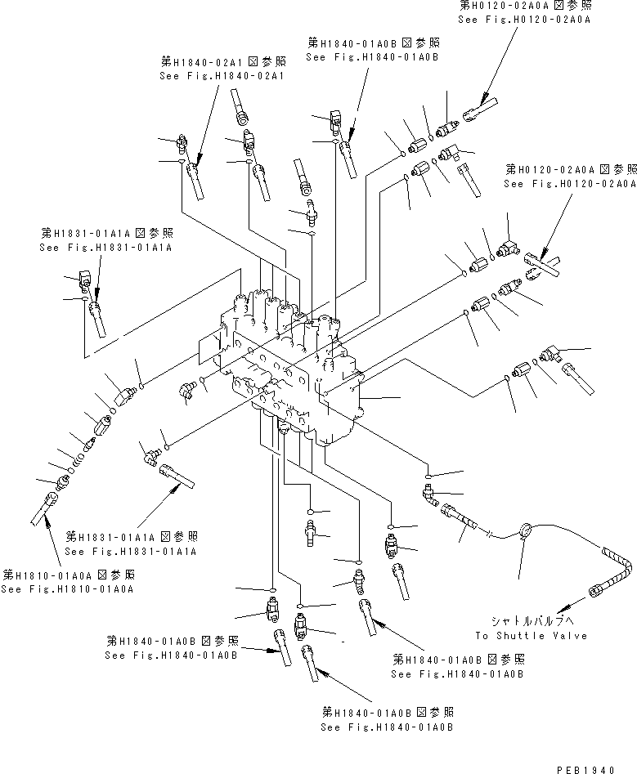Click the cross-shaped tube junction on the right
tap(539, 266)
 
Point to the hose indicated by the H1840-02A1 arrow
tap(197, 181)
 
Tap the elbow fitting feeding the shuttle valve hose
tap(428, 492)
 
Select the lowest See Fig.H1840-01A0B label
tap(388, 727)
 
